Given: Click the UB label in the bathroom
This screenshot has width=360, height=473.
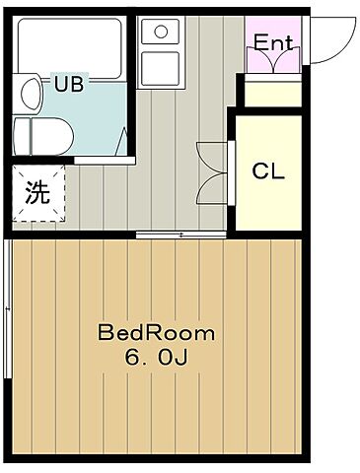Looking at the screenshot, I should pyautogui.click(x=68, y=84).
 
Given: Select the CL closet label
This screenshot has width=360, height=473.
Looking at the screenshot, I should pyautogui.click(x=267, y=170).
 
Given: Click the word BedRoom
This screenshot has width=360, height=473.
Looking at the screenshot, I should pyautogui.click(x=156, y=332).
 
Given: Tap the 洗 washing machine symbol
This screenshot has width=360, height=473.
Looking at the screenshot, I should pyautogui.click(x=37, y=191).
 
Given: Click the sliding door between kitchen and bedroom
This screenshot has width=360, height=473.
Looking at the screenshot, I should pyautogui.click(x=178, y=234).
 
